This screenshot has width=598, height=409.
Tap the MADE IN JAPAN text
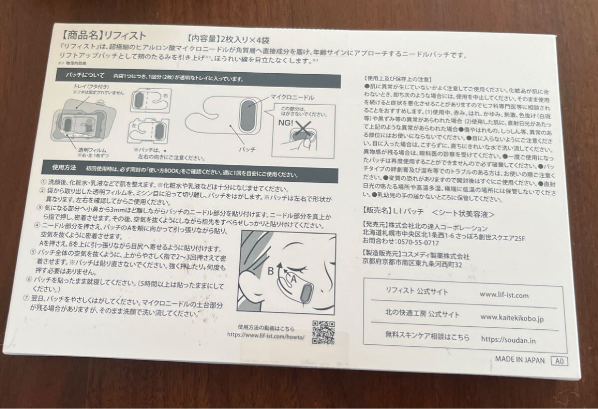point(520,360)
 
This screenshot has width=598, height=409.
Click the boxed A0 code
point(560,361)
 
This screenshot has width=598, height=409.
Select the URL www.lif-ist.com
point(504,294)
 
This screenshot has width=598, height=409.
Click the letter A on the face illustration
point(293,280)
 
